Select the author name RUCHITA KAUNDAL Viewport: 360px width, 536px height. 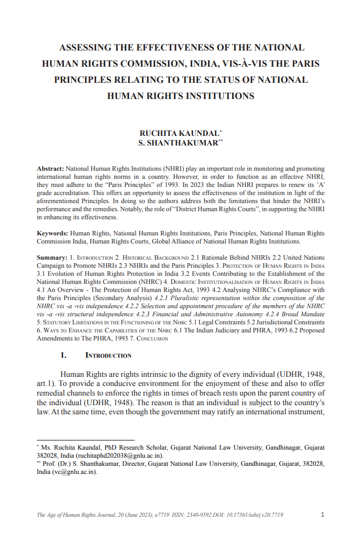point(179,133)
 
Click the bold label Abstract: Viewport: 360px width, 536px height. point(51,168)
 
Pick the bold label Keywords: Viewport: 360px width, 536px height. point(53,233)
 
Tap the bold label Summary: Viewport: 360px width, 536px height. point(52,258)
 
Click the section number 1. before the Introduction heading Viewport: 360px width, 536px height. point(63,355)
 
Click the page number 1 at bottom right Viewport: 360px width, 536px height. point(323,515)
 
